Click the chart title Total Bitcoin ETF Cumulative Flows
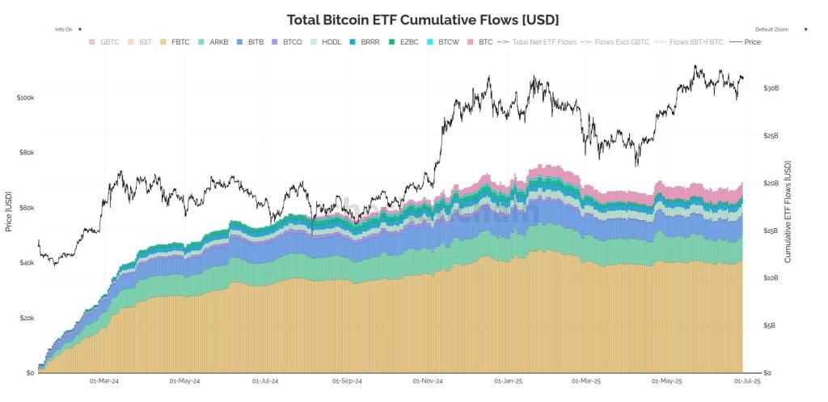tap(423, 19)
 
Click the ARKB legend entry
tap(213, 41)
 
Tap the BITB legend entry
tap(251, 41)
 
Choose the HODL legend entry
tap(327, 41)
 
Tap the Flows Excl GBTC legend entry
tap(619, 41)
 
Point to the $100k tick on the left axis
tap(24, 97)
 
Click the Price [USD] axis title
tap(8, 212)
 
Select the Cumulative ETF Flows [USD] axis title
tap(788, 212)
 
